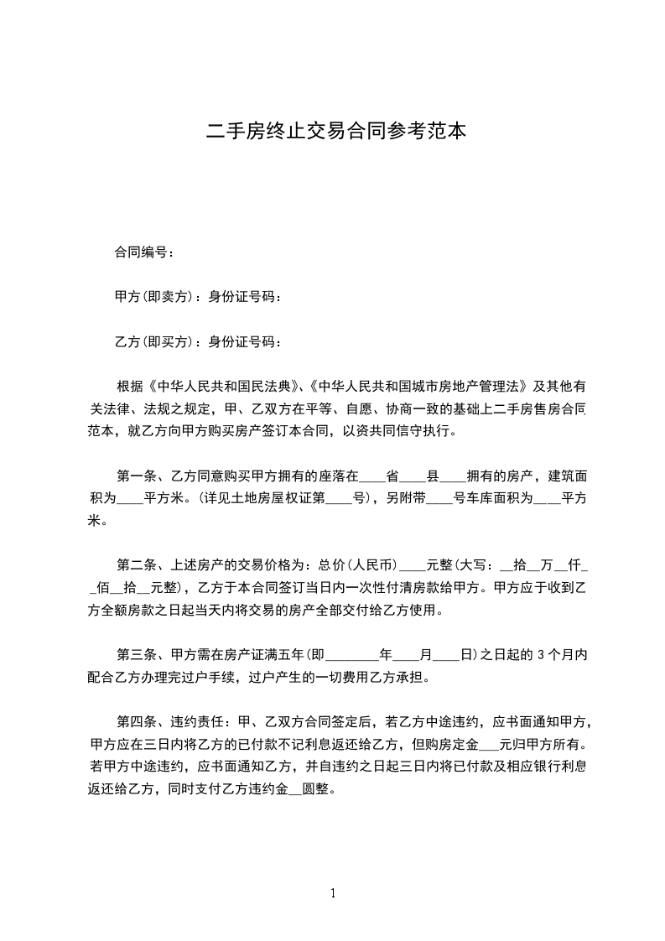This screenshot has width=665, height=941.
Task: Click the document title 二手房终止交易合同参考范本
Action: click(x=335, y=131)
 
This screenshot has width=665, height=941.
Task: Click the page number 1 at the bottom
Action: click(x=333, y=892)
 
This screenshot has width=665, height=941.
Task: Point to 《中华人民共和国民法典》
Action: click(x=223, y=387)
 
